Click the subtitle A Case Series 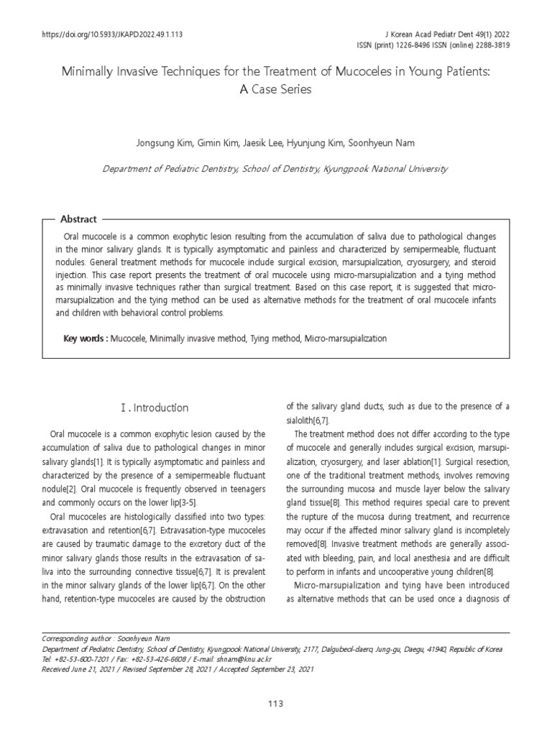(276, 91)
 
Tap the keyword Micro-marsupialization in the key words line (346, 338)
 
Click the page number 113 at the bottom (276, 703)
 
